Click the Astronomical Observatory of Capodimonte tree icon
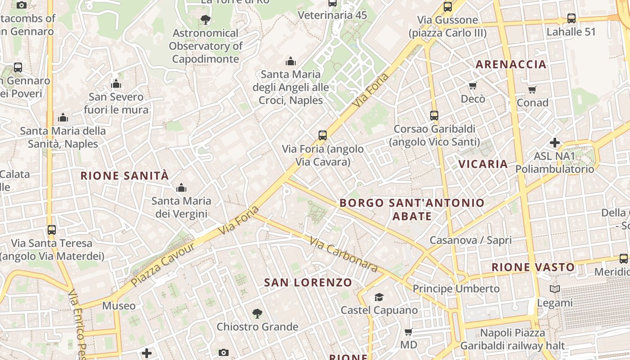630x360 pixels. click(x=206, y=19)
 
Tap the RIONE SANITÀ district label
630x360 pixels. click(x=124, y=175)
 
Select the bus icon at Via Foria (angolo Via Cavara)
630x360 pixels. click(x=322, y=135)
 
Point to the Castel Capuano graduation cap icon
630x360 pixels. click(x=379, y=297)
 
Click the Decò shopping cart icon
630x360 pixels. click(x=472, y=85)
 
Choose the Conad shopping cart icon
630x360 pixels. click(x=532, y=90)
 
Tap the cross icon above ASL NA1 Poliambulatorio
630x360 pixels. click(x=555, y=143)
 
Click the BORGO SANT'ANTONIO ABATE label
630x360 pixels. click(x=412, y=209)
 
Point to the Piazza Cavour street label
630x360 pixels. click(x=163, y=265)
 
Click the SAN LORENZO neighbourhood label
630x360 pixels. click(x=308, y=283)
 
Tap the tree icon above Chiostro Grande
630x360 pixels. click(x=257, y=313)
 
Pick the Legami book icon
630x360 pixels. click(x=555, y=289)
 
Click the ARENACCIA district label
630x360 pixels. click(x=511, y=64)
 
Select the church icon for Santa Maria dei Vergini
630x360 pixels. click(x=181, y=187)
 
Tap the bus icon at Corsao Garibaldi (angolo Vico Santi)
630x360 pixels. click(x=434, y=115)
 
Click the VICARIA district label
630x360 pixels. click(x=483, y=164)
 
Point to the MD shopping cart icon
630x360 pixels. click(x=408, y=332)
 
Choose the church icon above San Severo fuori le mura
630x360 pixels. click(x=116, y=84)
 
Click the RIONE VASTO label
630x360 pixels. click(x=533, y=267)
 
